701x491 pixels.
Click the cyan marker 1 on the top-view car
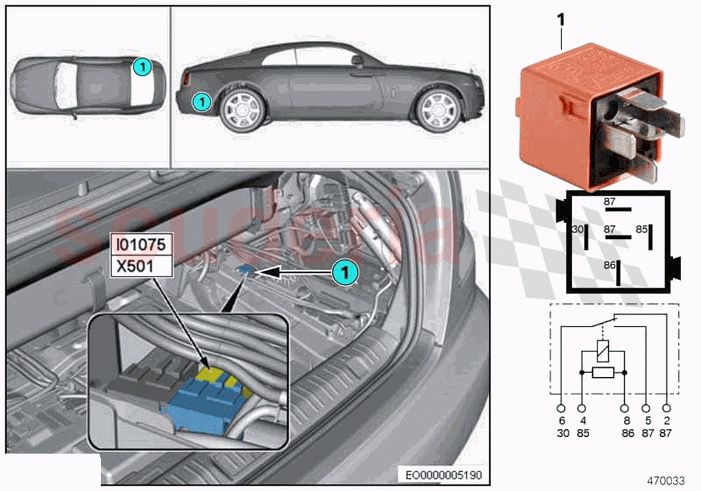[x=141, y=66]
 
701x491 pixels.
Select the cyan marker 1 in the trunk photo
[x=343, y=272]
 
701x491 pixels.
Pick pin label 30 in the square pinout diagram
[x=579, y=229]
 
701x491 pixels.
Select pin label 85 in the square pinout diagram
[x=640, y=229]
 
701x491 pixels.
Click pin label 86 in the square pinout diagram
[x=610, y=265]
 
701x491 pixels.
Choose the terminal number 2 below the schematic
[x=666, y=422]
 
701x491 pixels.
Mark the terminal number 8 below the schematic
[x=626, y=422]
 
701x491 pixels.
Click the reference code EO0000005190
[x=443, y=475]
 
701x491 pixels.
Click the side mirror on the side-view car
[x=358, y=61]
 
